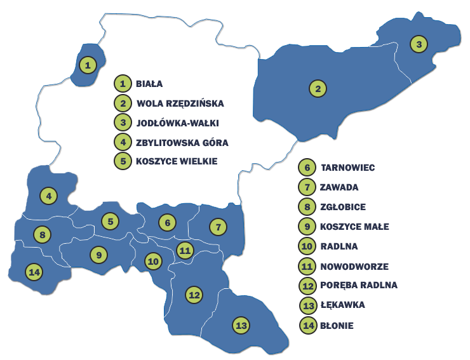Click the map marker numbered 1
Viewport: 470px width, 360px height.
(88, 63)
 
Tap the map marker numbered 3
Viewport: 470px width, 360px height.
(418, 44)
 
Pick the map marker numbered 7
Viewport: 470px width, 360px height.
(217, 226)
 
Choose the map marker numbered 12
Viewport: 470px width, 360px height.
(194, 294)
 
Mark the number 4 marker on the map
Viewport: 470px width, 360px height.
(48, 196)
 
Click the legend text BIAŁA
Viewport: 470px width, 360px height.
(149, 83)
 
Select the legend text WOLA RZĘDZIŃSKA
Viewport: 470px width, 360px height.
(180, 103)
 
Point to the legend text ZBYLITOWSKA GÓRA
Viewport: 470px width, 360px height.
(182, 142)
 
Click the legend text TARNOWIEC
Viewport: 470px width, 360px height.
(349, 168)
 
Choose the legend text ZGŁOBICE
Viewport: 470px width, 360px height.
(344, 207)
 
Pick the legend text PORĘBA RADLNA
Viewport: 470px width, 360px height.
(359, 285)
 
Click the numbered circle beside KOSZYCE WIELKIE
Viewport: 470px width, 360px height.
(123, 161)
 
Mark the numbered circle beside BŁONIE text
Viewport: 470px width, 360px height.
(308, 326)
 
